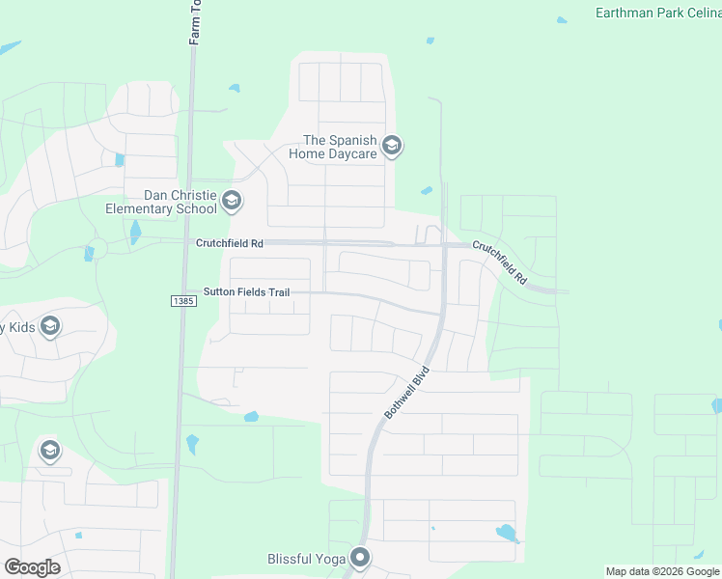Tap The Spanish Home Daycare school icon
click(392, 147)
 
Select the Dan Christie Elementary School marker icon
click(231, 202)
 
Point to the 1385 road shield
click(183, 301)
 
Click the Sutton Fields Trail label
click(245, 291)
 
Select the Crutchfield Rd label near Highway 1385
click(229, 244)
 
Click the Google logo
click(32, 567)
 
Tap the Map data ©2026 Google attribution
click(661, 571)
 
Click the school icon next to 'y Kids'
click(50, 327)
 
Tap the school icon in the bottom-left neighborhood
click(49, 451)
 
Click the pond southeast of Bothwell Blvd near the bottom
click(506, 533)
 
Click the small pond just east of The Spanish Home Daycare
click(427, 190)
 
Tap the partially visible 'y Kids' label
click(17, 327)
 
